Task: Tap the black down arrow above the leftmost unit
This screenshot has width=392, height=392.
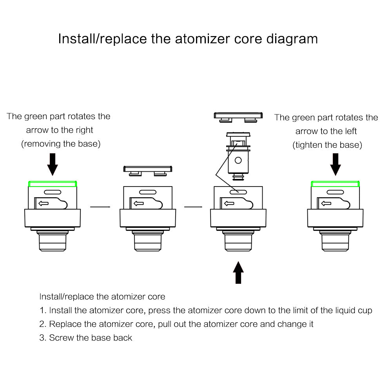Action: click(x=53, y=164)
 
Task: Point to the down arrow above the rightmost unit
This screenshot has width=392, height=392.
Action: click(x=335, y=164)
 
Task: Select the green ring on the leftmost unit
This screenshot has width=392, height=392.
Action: click(x=53, y=184)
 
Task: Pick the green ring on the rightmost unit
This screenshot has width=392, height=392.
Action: click(x=335, y=184)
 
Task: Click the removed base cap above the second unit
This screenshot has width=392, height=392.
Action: click(x=148, y=170)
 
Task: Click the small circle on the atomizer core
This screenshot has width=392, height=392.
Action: click(x=238, y=160)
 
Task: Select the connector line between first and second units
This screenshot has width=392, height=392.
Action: click(x=99, y=206)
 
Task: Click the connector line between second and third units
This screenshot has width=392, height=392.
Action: click(x=193, y=206)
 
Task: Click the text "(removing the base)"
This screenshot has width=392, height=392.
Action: click(x=61, y=144)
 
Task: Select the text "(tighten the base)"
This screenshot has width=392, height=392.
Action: click(x=327, y=145)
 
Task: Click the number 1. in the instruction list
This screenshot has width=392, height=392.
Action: click(x=43, y=310)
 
